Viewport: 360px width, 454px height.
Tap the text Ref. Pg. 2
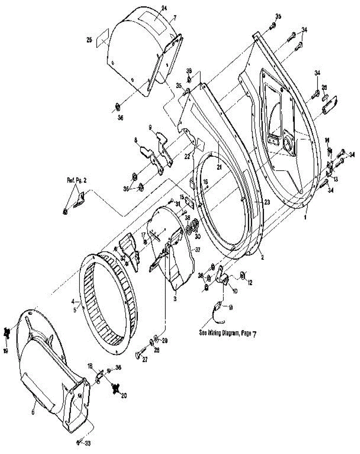click(74, 180)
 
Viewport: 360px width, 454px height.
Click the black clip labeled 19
click(6, 333)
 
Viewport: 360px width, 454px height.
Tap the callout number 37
click(198, 249)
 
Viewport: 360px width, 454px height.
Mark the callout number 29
click(165, 340)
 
